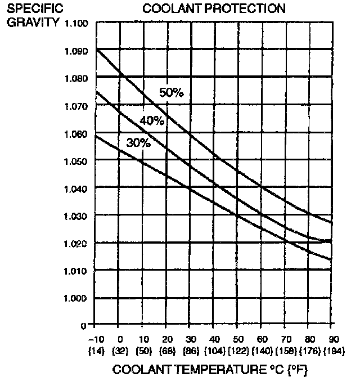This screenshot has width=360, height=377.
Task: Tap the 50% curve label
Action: tap(172, 93)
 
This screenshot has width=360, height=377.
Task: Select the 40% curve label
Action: tap(152, 120)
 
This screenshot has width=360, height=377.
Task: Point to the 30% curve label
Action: tap(138, 143)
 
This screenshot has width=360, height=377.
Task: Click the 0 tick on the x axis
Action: tap(120, 339)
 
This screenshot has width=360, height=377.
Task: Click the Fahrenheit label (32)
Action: tap(120, 350)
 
